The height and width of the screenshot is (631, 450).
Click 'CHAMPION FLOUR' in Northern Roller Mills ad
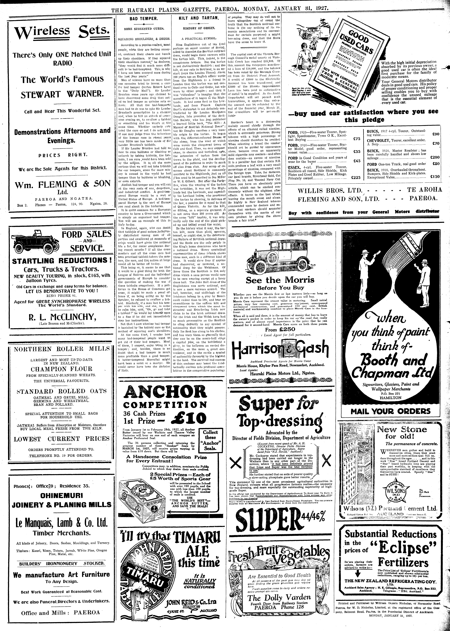[x=62, y=369]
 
